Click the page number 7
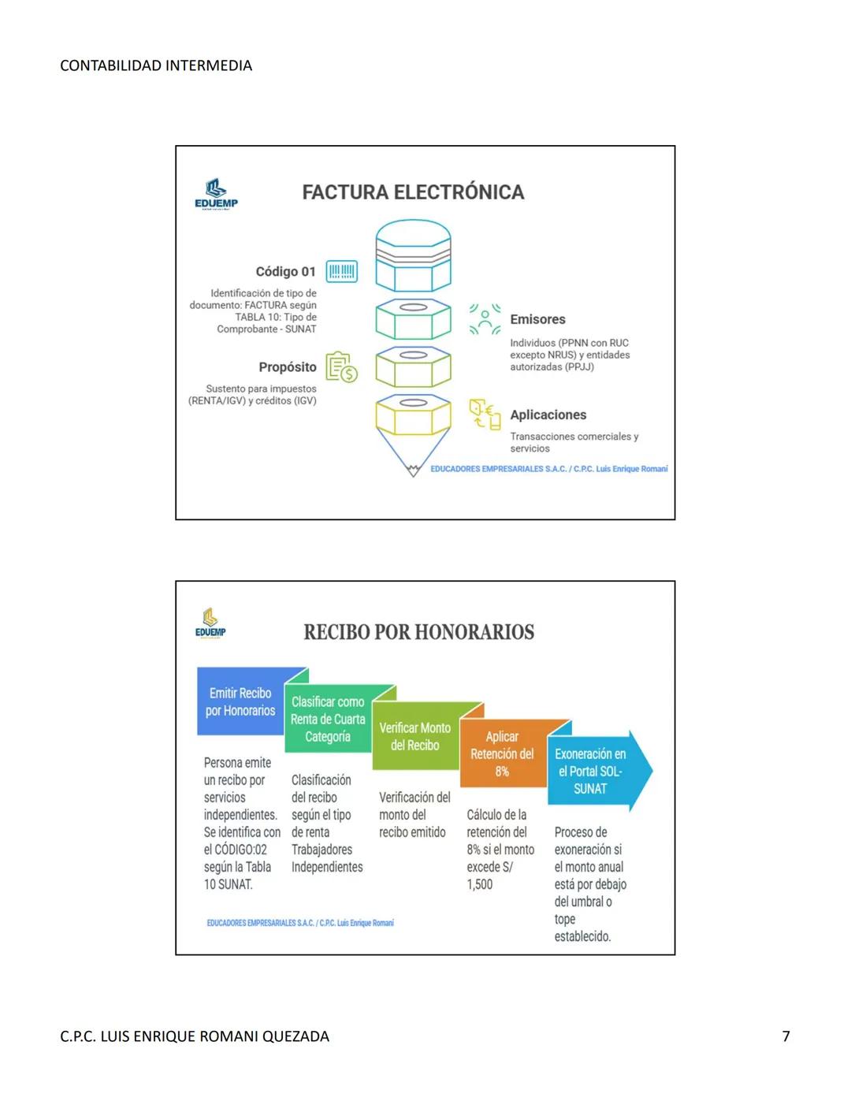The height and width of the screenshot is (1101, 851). [786, 1036]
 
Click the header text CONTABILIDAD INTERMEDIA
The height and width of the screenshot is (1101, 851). [156, 66]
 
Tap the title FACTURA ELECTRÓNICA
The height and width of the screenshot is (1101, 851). [413, 192]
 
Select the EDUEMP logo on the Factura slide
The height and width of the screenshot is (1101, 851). [216, 194]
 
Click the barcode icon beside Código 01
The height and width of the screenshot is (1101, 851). [341, 272]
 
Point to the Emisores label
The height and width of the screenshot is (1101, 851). [537, 319]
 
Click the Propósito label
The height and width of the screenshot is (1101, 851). [288, 367]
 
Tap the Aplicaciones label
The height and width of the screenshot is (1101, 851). [548, 415]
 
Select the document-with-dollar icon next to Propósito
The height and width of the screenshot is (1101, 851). [342, 367]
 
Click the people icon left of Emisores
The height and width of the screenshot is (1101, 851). [485, 319]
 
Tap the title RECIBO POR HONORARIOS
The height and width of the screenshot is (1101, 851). [418, 632]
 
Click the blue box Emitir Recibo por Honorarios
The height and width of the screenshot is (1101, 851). [240, 701]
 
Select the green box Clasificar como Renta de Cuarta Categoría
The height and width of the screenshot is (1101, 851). [328, 719]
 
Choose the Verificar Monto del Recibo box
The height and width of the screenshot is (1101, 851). [414, 737]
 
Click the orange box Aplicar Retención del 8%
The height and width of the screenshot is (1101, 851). [502, 754]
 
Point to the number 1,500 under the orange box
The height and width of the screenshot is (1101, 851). [480, 884]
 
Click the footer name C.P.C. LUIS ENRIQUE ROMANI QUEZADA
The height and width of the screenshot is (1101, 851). [195, 1036]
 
